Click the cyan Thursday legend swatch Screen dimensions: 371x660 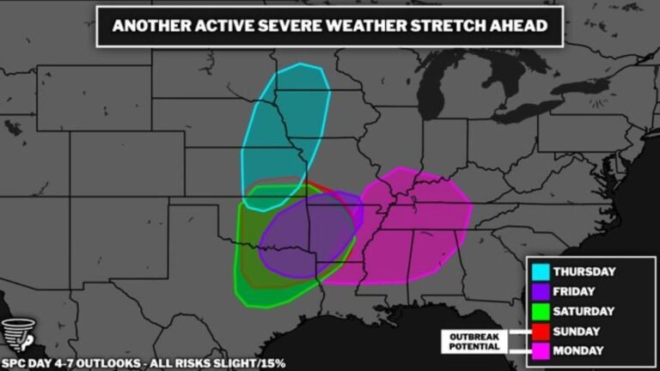coord(541,271)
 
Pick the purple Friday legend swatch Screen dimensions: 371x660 coord(541,291)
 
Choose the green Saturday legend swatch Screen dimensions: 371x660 coord(541,311)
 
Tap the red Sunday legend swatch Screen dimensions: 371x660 coord(541,331)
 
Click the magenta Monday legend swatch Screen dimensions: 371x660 coord(541,350)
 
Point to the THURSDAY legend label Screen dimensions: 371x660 coord(584,271)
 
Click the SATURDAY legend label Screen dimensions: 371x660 coord(584,311)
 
